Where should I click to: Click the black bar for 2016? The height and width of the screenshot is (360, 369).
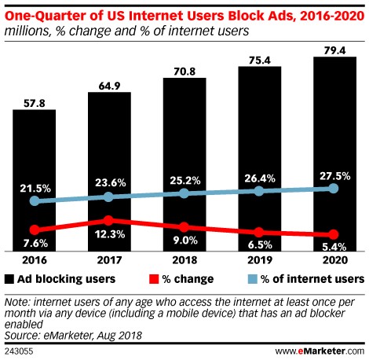tap(34, 157)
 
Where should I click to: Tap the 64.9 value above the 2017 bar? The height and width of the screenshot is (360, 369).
tap(109, 83)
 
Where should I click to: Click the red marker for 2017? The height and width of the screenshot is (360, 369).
tap(109, 220)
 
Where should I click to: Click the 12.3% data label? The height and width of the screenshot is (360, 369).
tap(109, 234)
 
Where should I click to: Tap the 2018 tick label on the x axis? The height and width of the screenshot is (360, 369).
tap(184, 260)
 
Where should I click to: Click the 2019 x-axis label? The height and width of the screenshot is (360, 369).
tap(259, 260)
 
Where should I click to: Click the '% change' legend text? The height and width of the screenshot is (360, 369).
tap(181, 278)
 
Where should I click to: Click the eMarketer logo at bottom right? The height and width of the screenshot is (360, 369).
tap(331, 349)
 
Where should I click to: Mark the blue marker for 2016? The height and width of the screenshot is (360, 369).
tap(34, 201)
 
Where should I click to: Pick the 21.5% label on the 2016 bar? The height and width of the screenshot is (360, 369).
tap(34, 189)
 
